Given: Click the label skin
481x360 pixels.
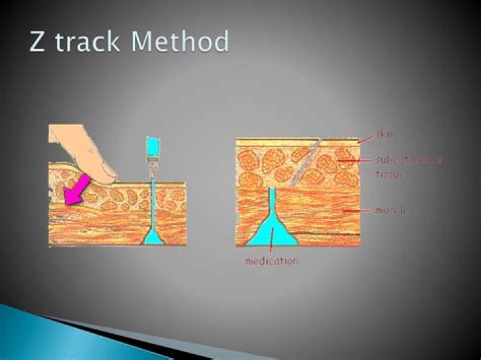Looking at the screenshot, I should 385,136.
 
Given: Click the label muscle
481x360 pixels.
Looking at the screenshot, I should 390,210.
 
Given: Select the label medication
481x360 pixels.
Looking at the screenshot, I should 271,260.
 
